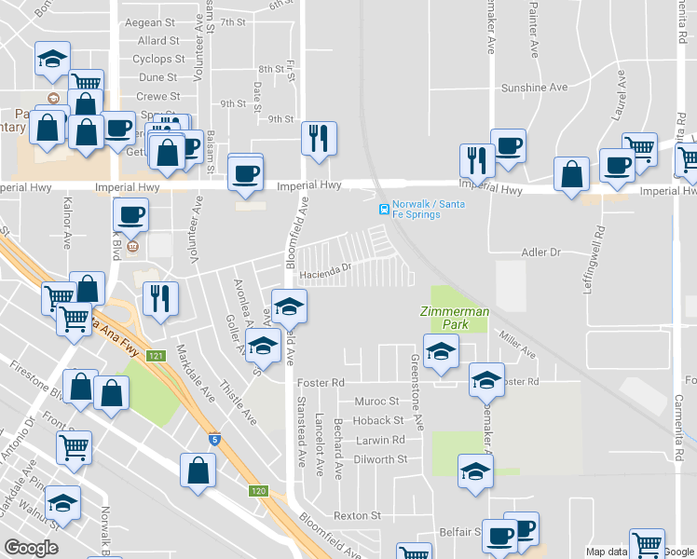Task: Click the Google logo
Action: click(x=31, y=548)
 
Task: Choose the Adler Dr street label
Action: click(x=541, y=252)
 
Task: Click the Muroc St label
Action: click(x=376, y=402)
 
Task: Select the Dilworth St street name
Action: click(x=380, y=459)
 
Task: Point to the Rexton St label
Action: click(x=358, y=515)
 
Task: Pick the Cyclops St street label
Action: click(x=155, y=59)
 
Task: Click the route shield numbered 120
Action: click(x=258, y=491)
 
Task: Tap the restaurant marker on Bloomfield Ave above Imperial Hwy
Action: click(x=319, y=139)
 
